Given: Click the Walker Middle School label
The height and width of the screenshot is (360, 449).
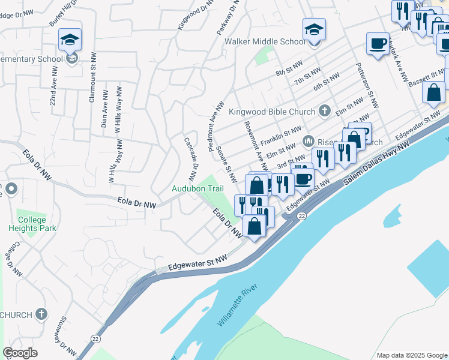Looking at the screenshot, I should (265, 42).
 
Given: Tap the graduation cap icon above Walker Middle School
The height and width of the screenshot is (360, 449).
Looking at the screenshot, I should (315, 29).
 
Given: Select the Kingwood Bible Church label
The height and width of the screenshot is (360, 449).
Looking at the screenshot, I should (271, 112).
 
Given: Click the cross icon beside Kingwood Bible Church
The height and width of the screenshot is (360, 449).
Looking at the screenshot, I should (325, 110).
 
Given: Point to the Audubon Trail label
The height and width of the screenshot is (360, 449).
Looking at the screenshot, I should (198, 188).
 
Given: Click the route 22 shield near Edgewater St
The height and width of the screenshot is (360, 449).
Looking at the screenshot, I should (302, 216).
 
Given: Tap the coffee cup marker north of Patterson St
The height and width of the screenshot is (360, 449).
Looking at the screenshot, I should (378, 44).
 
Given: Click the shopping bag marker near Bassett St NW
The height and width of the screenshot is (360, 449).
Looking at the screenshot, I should (433, 93).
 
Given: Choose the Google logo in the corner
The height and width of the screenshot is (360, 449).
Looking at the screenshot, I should (20, 353).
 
